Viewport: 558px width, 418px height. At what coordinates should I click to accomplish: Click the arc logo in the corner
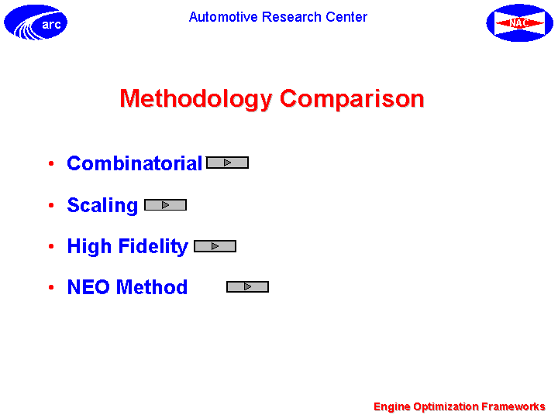coord(36,22)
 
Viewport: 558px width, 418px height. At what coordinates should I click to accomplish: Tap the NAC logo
coord(519,22)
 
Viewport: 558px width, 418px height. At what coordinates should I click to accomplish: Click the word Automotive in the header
coord(223,17)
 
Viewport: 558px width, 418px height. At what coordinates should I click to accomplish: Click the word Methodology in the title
coord(196,99)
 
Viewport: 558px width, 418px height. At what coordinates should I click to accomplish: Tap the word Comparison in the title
coord(352,99)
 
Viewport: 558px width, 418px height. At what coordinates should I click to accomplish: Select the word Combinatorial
coord(135,163)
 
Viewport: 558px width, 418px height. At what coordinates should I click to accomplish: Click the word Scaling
coord(102,205)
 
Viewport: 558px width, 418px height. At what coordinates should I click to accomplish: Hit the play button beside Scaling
coord(166,204)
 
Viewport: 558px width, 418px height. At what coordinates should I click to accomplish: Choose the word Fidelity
coord(153,246)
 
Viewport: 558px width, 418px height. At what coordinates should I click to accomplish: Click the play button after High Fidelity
coord(215,246)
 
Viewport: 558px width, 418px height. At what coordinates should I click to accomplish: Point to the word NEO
coord(88,287)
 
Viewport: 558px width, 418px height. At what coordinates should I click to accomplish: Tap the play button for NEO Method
coord(248,286)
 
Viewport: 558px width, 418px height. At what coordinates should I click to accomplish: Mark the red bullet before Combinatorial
coord(51,163)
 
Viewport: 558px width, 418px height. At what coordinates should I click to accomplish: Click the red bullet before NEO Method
coord(51,287)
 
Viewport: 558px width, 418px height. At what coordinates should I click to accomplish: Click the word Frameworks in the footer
coord(513,406)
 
